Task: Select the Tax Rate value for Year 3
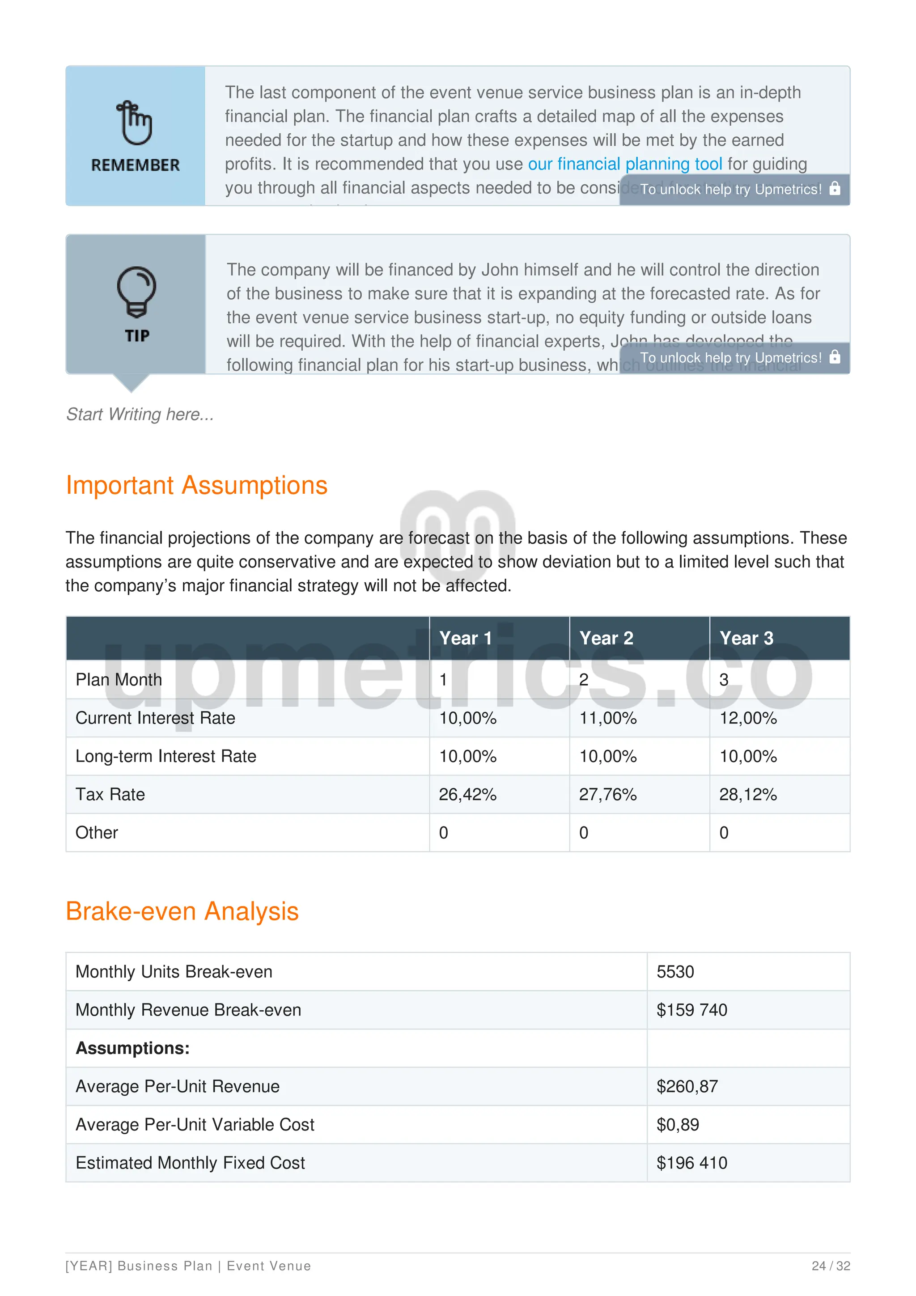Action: click(748, 795)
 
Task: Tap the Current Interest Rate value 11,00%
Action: click(608, 718)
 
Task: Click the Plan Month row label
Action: click(119, 680)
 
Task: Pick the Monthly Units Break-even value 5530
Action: click(675, 972)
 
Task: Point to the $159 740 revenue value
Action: click(691, 1010)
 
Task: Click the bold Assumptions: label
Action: click(133, 1048)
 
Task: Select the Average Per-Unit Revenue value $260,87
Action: click(687, 1087)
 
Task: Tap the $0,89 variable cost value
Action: click(677, 1125)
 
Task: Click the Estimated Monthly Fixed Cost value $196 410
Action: click(691, 1163)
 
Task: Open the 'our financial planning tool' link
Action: click(625, 164)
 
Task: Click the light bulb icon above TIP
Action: click(136, 291)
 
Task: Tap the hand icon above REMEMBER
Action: click(134, 123)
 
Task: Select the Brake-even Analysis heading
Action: click(182, 911)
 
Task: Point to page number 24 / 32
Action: click(830, 1266)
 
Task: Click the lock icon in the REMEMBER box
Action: click(835, 189)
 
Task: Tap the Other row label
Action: click(97, 833)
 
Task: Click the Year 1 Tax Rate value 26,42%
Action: click(467, 795)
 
